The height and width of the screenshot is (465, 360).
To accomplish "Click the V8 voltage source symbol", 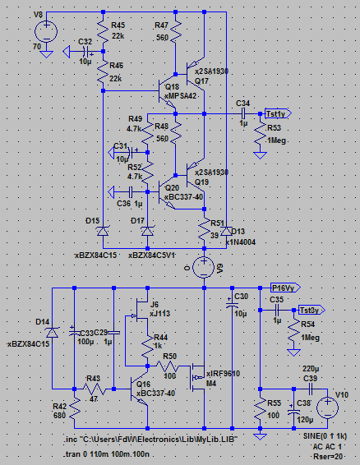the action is coord(46,32).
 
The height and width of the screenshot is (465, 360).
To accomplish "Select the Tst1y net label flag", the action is coord(278,113).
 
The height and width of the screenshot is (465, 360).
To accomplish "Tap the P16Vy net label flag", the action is coord(285,288).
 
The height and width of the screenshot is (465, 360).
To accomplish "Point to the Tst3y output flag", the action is coord(312,311).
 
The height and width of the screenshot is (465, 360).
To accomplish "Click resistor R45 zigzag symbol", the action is coord(104,31).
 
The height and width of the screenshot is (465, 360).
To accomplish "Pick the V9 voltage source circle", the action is coord(204,268).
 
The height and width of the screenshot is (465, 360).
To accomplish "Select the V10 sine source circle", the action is coord(328,408).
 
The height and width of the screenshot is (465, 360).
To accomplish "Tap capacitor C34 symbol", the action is coord(243,113).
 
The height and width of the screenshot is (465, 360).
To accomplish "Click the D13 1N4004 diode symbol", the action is coord(227,231).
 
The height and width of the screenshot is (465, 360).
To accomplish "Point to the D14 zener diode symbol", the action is coord(53,333).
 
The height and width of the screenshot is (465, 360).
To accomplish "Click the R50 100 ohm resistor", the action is coord(168,366).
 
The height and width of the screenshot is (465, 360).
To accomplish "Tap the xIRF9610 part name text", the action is coord(224,374).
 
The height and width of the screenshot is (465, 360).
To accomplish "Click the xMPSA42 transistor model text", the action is coord(181,96).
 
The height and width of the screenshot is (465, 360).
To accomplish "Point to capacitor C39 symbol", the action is coord(311,389).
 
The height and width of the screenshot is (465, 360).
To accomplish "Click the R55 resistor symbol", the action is coord(261,409).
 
